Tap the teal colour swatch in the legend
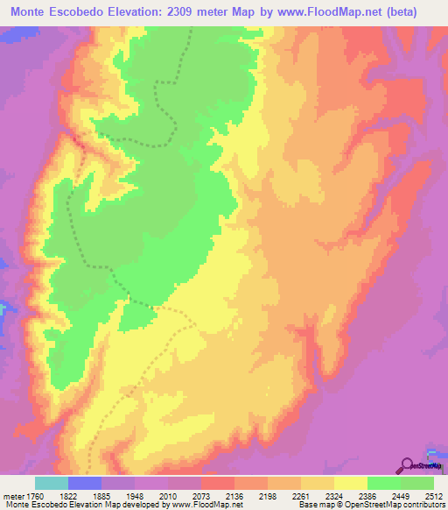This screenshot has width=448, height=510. pyautogui.click(x=52, y=483)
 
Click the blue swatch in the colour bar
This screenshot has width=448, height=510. pyautogui.click(x=85, y=483)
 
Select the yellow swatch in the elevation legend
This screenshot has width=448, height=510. pyautogui.click(x=350, y=483)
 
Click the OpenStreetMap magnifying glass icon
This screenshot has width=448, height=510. pyautogui.click(x=407, y=465)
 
